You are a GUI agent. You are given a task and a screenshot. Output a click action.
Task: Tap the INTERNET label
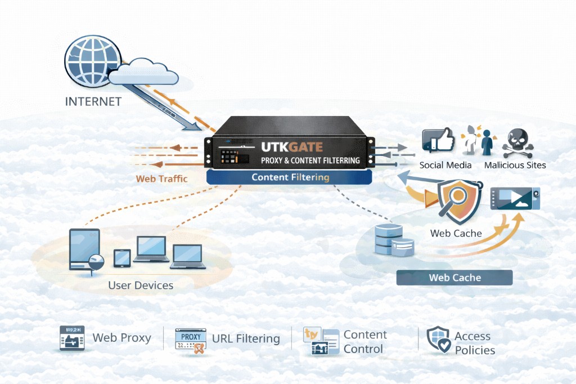coord(93,102)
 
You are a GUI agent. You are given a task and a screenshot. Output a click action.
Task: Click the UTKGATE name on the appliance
coord(292,148)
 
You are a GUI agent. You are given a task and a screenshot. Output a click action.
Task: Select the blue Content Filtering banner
coord(290,177)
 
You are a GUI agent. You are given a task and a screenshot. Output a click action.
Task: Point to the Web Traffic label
coord(162,179)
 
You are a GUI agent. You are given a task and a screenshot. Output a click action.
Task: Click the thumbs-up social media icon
coord(438,140)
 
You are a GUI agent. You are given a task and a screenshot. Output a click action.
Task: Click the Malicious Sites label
coord(515,165)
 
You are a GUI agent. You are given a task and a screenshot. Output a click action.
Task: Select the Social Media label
coord(445,165)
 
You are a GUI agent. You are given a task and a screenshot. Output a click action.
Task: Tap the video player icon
coord(515,199)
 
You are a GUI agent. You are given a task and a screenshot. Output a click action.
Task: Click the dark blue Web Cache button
coord(454,278)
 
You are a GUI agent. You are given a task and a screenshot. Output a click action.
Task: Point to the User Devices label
coord(141,285)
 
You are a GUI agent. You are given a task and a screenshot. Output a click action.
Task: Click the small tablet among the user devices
coord(122,258)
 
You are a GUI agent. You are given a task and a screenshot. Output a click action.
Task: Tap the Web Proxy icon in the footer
coord(72,338)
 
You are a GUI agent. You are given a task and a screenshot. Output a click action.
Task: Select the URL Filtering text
coord(246,338)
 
